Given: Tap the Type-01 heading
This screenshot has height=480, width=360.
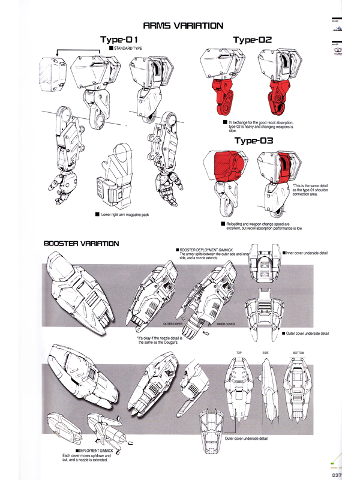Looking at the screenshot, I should tap(124, 40).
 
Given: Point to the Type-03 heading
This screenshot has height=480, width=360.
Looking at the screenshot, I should tap(254, 141).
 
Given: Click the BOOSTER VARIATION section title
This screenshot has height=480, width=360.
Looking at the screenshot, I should tap(82, 244).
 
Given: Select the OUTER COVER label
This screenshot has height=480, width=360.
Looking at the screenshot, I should tap(173, 323).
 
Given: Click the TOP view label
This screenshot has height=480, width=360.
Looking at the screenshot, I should tap(239, 352).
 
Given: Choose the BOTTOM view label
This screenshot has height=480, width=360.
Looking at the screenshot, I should tap(298, 352).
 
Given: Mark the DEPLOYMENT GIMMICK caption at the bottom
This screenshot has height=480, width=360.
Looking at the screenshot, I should tap(100, 450).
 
